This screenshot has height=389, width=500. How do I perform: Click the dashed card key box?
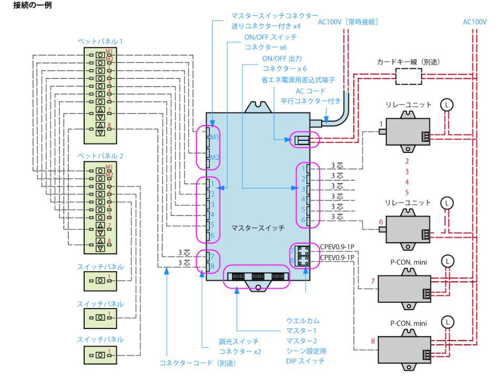coord(408,77)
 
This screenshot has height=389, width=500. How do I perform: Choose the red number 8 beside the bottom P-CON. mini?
coord(374,341)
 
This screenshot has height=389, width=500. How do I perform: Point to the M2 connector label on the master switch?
coord(215,157)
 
